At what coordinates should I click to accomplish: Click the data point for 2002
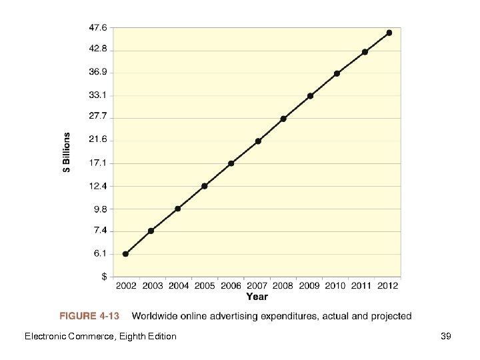pos(125,254)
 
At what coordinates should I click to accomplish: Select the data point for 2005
pos(204,186)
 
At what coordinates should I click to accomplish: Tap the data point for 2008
pos(283,119)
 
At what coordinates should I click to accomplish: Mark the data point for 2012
pos(389,33)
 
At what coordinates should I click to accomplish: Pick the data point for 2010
pos(337,73)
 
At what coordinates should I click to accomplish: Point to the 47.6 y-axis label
pos(98,28)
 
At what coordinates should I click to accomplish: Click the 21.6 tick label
pos(98,140)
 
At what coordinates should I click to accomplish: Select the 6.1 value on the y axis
pos(98,254)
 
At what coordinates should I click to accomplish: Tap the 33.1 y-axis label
pos(98,95)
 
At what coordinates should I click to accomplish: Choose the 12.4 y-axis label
pos(98,186)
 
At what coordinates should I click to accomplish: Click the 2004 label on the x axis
pos(178,286)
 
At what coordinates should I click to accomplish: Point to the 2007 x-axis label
pos(257,286)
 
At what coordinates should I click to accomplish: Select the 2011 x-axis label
pos(362,286)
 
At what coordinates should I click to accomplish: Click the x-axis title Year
pos(257,297)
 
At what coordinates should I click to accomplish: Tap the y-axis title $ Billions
pos(67,153)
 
